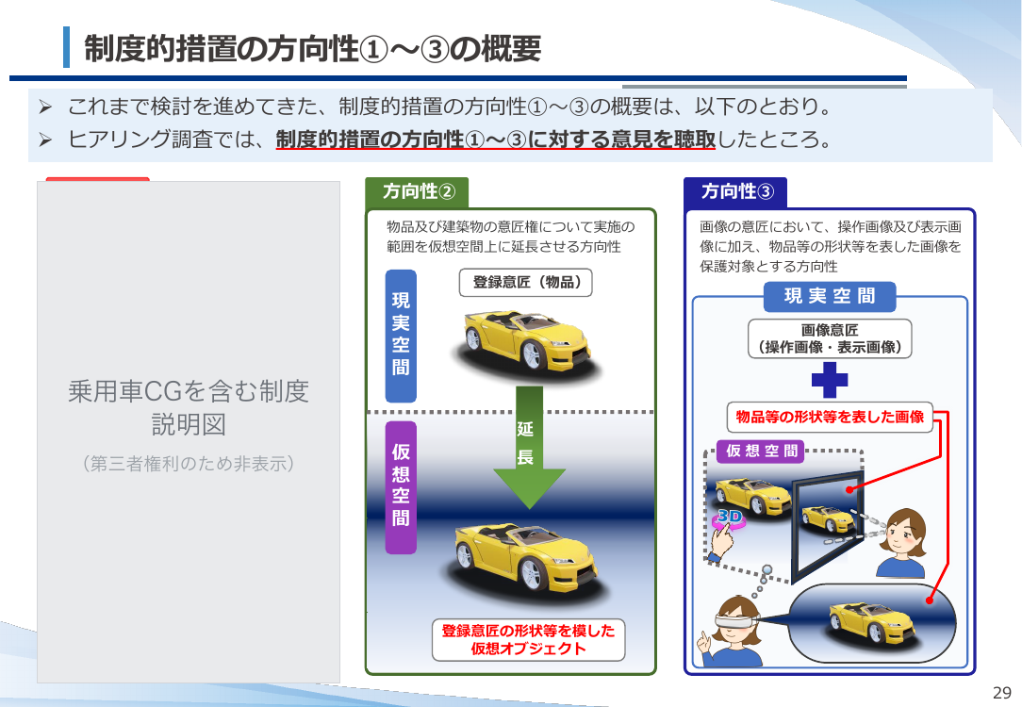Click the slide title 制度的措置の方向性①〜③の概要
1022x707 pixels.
click(x=312, y=48)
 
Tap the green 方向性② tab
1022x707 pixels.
click(x=417, y=191)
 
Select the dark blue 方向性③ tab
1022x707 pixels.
click(x=736, y=191)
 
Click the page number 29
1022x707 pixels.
click(x=1002, y=692)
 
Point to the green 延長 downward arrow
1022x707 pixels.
click(x=529, y=448)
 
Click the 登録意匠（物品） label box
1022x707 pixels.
click(x=526, y=282)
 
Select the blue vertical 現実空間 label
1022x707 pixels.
click(x=401, y=336)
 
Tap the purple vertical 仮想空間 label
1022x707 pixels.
click(x=401, y=487)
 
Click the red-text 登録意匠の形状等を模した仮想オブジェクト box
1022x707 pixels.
click(x=529, y=640)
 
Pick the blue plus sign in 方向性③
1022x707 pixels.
click(x=830, y=379)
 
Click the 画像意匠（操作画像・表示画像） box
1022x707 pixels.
click(x=830, y=338)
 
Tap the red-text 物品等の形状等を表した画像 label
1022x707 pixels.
click(x=830, y=417)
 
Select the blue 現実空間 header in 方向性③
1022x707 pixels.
click(x=830, y=297)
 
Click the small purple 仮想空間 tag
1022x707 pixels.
click(x=761, y=451)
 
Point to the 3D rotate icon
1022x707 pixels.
click(x=730, y=518)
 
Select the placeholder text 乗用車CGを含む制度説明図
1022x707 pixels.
click(x=189, y=408)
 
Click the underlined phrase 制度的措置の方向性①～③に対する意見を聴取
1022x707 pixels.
click(x=495, y=140)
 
